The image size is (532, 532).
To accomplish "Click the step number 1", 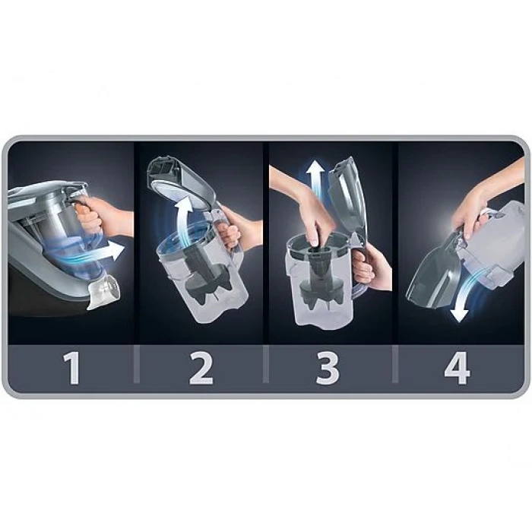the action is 72,369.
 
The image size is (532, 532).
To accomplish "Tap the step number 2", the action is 201,369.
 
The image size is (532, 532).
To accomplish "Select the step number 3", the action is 328,369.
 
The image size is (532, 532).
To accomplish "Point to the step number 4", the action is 458,369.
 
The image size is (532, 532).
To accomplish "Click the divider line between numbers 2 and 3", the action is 266,364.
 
